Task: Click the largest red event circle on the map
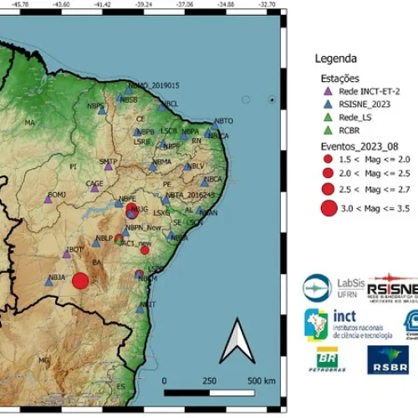[80, 282]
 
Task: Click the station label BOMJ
[56, 194]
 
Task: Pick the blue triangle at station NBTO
[217, 128]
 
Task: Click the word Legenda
[335, 59]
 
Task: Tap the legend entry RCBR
[352, 130]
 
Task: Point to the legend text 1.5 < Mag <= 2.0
[369, 158]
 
